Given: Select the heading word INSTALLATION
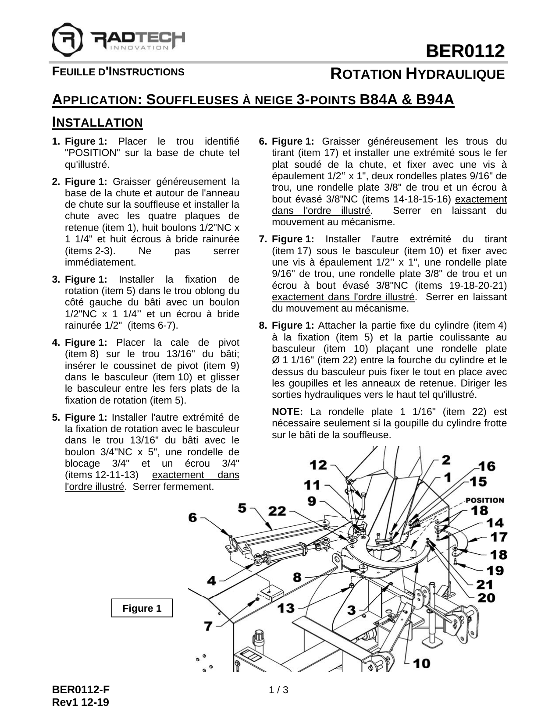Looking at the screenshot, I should click(97, 122).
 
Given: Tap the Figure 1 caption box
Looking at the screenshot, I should click(142, 608).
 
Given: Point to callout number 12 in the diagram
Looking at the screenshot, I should click(319, 464).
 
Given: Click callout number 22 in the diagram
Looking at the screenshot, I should click(277, 510).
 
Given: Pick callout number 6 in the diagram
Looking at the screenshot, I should click(193, 517).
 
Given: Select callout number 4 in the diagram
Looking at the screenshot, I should click(212, 581).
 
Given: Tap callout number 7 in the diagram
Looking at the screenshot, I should click(209, 626).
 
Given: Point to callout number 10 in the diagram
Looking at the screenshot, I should click(421, 663).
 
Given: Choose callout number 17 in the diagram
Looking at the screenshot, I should click(499, 536).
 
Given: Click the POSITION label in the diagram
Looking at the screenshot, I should click(484, 500).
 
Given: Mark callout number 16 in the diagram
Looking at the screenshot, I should click(487, 466).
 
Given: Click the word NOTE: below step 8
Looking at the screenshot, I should click(287, 412).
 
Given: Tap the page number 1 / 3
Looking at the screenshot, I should click(279, 691).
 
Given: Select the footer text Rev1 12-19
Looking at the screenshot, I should click(81, 702).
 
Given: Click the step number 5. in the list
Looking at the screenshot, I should click(56, 417).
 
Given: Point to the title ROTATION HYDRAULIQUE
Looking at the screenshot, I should click(417, 74).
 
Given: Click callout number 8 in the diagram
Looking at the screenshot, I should click(297, 577).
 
